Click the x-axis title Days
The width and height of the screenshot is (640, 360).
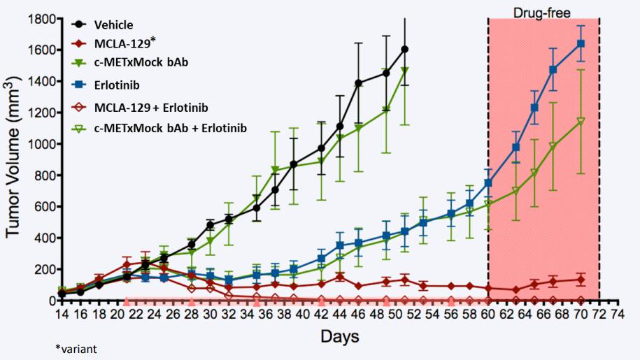point(340,337)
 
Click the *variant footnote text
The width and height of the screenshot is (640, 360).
point(77,349)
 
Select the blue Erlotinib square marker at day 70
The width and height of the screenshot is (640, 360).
point(581,44)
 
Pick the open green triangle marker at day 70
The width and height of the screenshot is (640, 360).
point(581,122)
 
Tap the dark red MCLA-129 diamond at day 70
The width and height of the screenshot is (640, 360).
point(581,280)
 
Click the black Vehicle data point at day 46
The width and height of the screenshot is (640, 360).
point(359,83)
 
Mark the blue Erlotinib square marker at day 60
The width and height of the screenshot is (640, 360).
point(488,183)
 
